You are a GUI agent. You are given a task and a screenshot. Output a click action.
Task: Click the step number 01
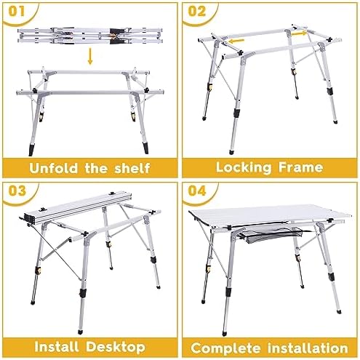coord(17,12)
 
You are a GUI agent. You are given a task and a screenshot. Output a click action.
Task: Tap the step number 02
coord(197,12)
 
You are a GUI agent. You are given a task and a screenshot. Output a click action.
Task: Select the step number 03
coord(17,191)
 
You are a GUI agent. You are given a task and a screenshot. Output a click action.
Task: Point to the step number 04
coord(197,191)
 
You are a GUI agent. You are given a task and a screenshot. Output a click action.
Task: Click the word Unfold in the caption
coord(53,168)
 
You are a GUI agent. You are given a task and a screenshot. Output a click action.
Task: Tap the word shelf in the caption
coord(132,168)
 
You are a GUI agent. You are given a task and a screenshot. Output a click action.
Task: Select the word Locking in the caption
coord(244,167)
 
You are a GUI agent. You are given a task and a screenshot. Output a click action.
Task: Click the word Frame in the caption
coord(300,167)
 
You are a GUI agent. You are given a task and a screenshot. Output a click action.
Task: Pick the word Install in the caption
coord(57,347)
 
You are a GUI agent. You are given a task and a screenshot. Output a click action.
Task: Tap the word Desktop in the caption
coord(116,347)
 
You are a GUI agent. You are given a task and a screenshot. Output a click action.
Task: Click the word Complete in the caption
coord(225,348)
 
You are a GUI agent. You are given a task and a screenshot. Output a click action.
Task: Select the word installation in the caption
coord(308,348)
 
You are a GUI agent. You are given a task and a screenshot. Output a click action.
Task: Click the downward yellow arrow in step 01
coord(90,56)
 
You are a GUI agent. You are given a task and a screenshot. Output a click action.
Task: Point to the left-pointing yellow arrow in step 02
coord(236,41)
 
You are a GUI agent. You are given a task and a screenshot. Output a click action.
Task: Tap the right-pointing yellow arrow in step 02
coord(299,33)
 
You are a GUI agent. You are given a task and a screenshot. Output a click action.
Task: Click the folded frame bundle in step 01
coord(89,36)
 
